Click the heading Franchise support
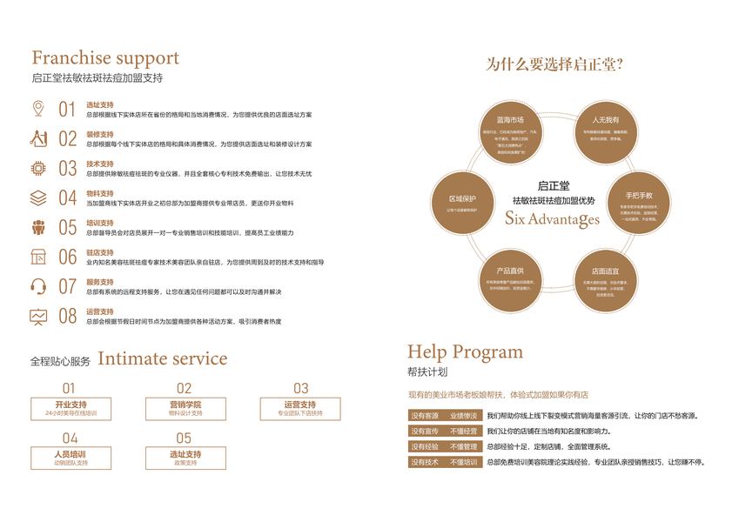click(x=105, y=58)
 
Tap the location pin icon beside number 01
click(x=37, y=109)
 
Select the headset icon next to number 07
click(x=38, y=286)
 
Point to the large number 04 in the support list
click(x=68, y=198)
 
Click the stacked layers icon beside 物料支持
click(x=38, y=197)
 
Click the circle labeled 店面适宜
click(x=606, y=278)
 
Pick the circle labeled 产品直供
click(x=510, y=278)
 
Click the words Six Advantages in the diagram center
click(x=552, y=218)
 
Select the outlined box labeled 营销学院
click(x=185, y=409)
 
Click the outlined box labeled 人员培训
click(x=71, y=458)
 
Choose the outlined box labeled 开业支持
click(x=71, y=409)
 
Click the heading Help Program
click(x=465, y=351)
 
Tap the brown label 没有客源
click(x=426, y=416)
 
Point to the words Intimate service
click(x=162, y=358)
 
